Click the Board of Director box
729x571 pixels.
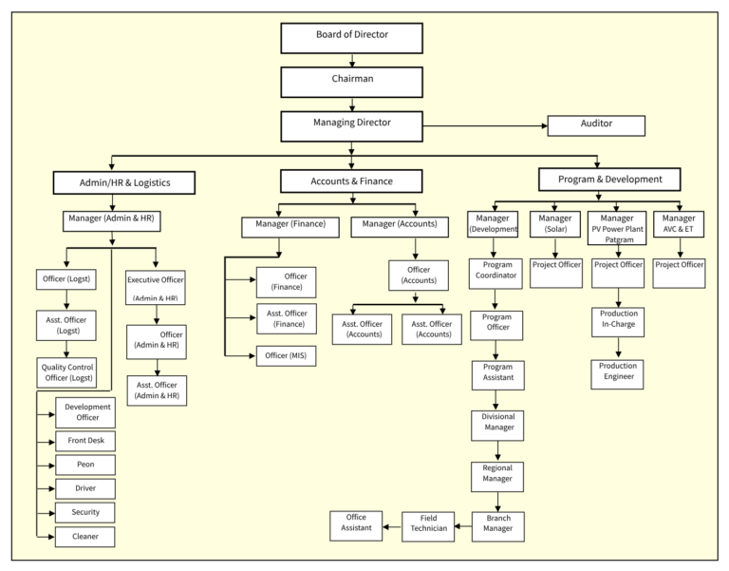point(351,37)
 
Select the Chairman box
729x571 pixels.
point(351,81)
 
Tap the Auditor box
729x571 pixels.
point(595,125)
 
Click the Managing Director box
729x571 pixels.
point(351,124)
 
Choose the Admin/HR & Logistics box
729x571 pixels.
point(124,181)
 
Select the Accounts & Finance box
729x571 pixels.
point(351,181)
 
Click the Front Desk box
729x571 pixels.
point(85,441)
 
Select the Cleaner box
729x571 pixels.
point(85,537)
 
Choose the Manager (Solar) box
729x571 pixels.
point(555,224)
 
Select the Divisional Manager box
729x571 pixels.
point(497,423)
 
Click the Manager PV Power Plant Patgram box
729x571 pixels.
point(618,229)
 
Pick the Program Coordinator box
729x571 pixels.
point(497,272)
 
